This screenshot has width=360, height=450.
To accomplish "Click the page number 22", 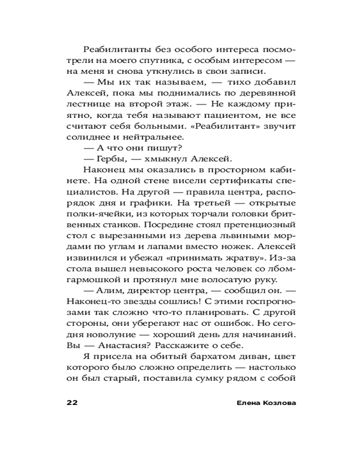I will click(72, 402).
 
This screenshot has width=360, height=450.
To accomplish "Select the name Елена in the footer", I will click(247, 402).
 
